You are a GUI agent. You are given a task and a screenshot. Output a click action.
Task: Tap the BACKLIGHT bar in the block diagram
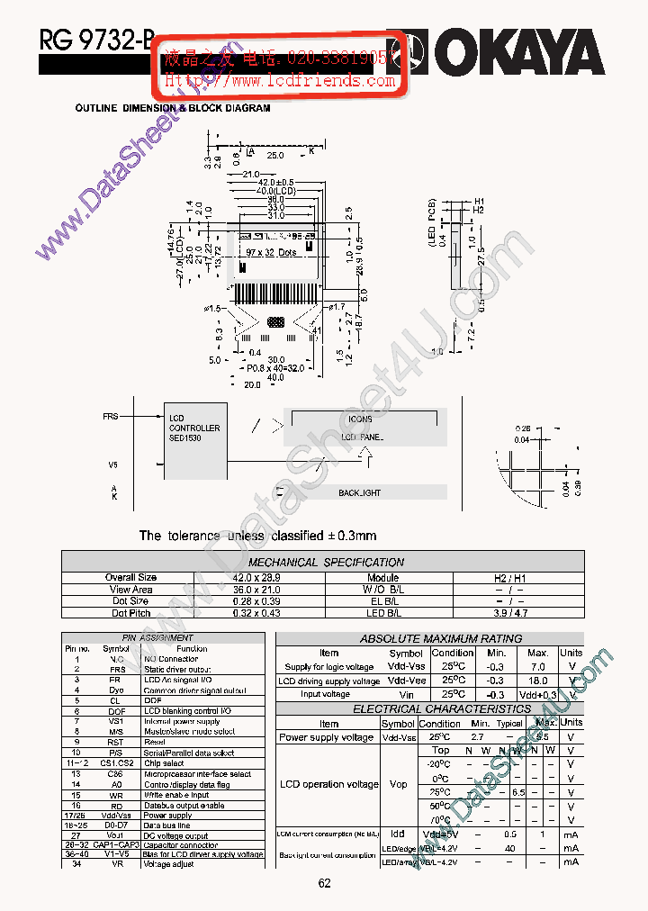(360, 492)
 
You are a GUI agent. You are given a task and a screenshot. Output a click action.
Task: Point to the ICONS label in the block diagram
(360, 419)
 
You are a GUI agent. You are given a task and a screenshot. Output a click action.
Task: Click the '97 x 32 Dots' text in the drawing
(271, 252)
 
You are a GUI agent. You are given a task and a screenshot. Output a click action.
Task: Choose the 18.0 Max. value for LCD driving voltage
(537, 681)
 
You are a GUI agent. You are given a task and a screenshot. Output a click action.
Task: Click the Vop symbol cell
(399, 784)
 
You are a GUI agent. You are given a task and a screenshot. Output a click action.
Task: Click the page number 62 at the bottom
(324, 883)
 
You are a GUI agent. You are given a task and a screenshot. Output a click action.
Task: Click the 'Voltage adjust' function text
(170, 864)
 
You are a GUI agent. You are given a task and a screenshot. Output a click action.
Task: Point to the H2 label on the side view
(479, 210)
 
